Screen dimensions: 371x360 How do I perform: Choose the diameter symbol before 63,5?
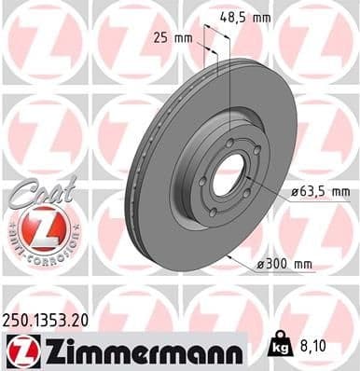pos(294,192)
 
